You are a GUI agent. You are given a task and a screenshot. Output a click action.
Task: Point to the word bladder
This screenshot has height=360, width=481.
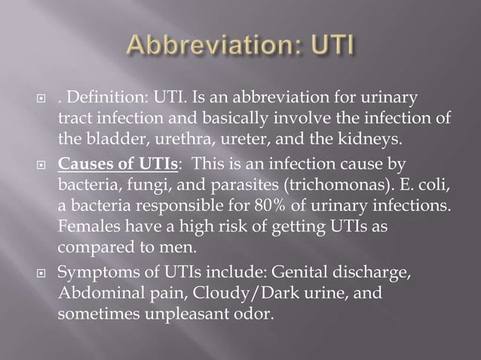click(110, 139)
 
